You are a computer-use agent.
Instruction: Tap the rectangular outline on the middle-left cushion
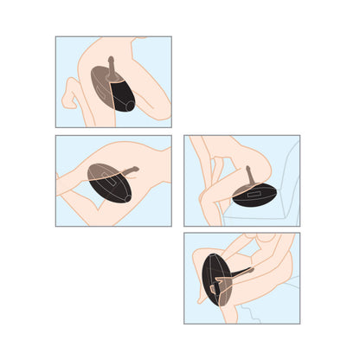click(x=106, y=182)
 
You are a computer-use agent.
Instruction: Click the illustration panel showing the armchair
click(x=241, y=180)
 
